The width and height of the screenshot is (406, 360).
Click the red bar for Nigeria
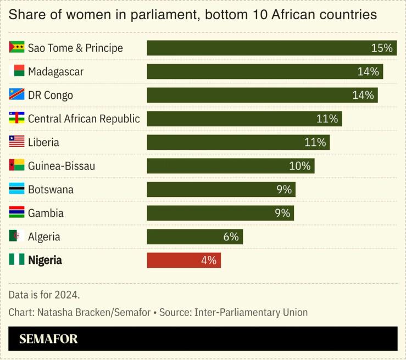(183, 260)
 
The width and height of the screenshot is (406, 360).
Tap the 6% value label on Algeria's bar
(231, 237)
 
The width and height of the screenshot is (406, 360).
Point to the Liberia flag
(16, 142)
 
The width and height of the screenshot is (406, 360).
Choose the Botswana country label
(51, 189)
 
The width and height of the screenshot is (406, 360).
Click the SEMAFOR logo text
(48, 339)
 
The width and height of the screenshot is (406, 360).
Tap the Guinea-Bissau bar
(230, 166)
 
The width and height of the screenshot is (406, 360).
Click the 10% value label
(299, 166)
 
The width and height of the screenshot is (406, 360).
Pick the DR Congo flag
(16, 95)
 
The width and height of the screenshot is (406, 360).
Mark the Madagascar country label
(55, 71)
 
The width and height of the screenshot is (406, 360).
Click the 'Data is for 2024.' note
(44, 295)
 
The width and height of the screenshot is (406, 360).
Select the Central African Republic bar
(244, 119)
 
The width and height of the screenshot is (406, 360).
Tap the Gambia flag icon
(16, 213)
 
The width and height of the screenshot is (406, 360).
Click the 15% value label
(382, 48)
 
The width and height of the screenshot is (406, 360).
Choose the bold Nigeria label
(45, 260)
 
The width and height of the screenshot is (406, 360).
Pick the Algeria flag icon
(16, 237)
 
